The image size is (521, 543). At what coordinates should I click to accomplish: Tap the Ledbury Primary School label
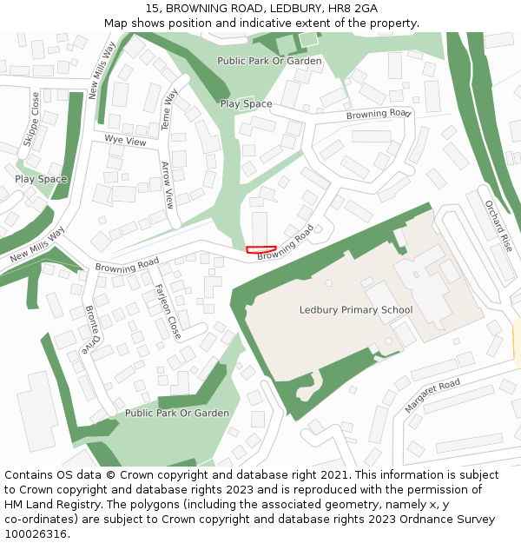point(355,310)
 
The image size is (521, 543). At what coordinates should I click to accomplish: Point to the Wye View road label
point(125,140)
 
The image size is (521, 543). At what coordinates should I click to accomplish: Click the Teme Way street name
point(170,109)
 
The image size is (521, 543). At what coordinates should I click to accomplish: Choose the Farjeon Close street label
point(168,311)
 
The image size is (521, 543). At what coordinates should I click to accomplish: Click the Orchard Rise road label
point(499,226)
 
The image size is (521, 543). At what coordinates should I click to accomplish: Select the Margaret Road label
point(432,396)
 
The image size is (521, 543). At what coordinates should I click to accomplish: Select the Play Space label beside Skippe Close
point(41,179)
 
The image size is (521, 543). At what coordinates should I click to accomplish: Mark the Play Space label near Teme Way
point(246,104)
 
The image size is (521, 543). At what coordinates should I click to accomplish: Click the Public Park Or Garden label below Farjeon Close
point(177,414)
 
